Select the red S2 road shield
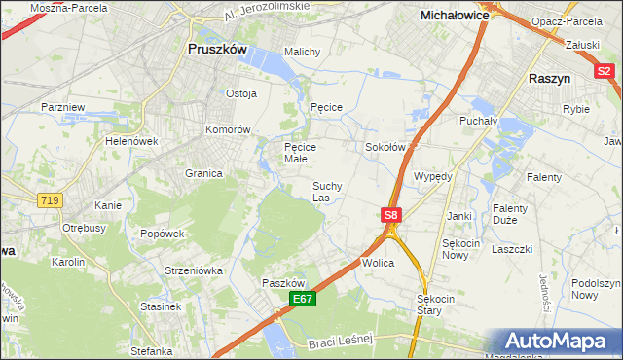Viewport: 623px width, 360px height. click(x=605, y=70)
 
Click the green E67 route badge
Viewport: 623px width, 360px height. click(x=301, y=302)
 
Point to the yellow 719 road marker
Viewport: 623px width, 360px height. click(x=48, y=199)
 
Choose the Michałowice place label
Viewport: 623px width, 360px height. click(x=454, y=16)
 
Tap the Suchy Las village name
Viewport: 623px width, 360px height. click(x=326, y=192)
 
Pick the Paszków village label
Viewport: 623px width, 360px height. click(x=285, y=283)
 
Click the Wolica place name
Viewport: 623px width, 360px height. click(x=378, y=264)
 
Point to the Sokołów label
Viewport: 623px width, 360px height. click(x=384, y=147)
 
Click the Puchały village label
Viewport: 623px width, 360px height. click(x=478, y=122)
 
